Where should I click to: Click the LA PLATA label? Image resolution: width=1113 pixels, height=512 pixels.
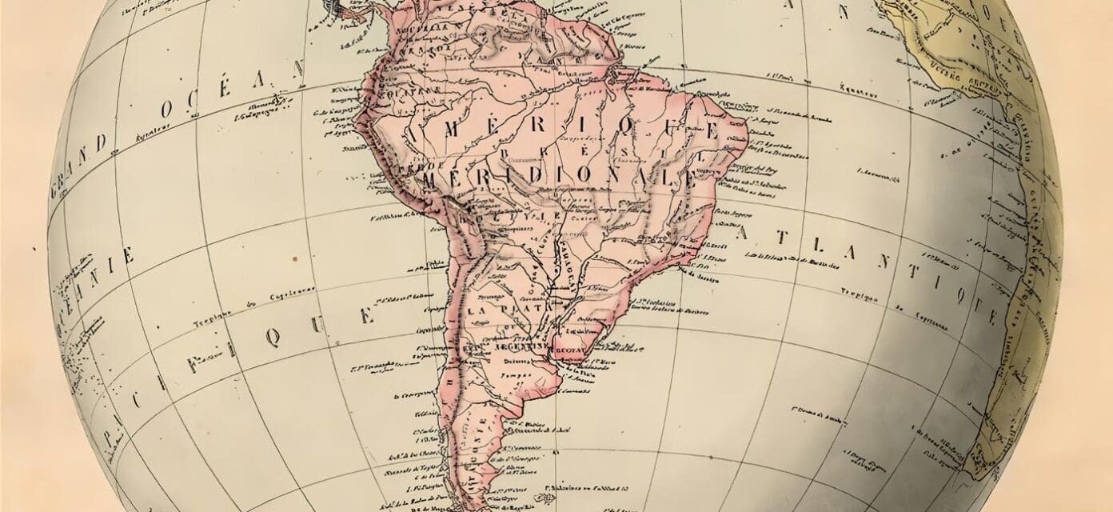coord(503,307)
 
